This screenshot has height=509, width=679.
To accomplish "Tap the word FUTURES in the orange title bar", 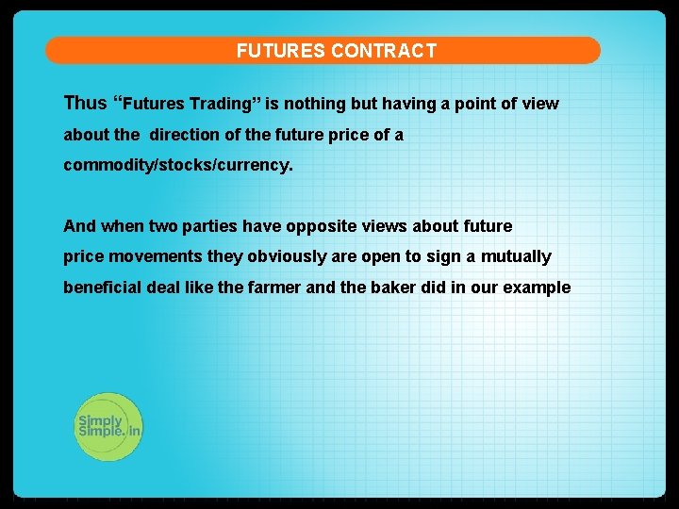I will [281, 51].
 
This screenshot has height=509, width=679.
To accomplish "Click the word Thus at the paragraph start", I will [85, 103].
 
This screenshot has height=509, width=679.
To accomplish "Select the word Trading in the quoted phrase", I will [218, 104].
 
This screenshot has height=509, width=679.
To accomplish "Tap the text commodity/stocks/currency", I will [178, 165].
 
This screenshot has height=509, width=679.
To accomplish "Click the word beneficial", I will [102, 287].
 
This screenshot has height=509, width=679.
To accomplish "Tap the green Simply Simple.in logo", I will [108, 427].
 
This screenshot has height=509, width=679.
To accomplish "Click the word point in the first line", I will [475, 104].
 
